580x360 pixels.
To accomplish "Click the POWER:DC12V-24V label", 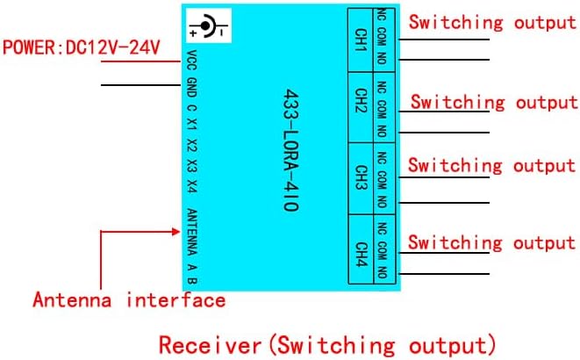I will click(81, 47).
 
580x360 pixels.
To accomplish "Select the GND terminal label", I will click(192, 87).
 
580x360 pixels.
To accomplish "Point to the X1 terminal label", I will click(192, 126).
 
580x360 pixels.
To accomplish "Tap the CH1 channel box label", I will click(360, 38).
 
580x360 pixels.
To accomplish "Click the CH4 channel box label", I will click(360, 249).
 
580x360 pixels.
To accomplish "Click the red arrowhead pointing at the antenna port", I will click(175, 232).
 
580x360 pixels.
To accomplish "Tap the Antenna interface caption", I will click(129, 300).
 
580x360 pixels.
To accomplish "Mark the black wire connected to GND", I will click(141, 85).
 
